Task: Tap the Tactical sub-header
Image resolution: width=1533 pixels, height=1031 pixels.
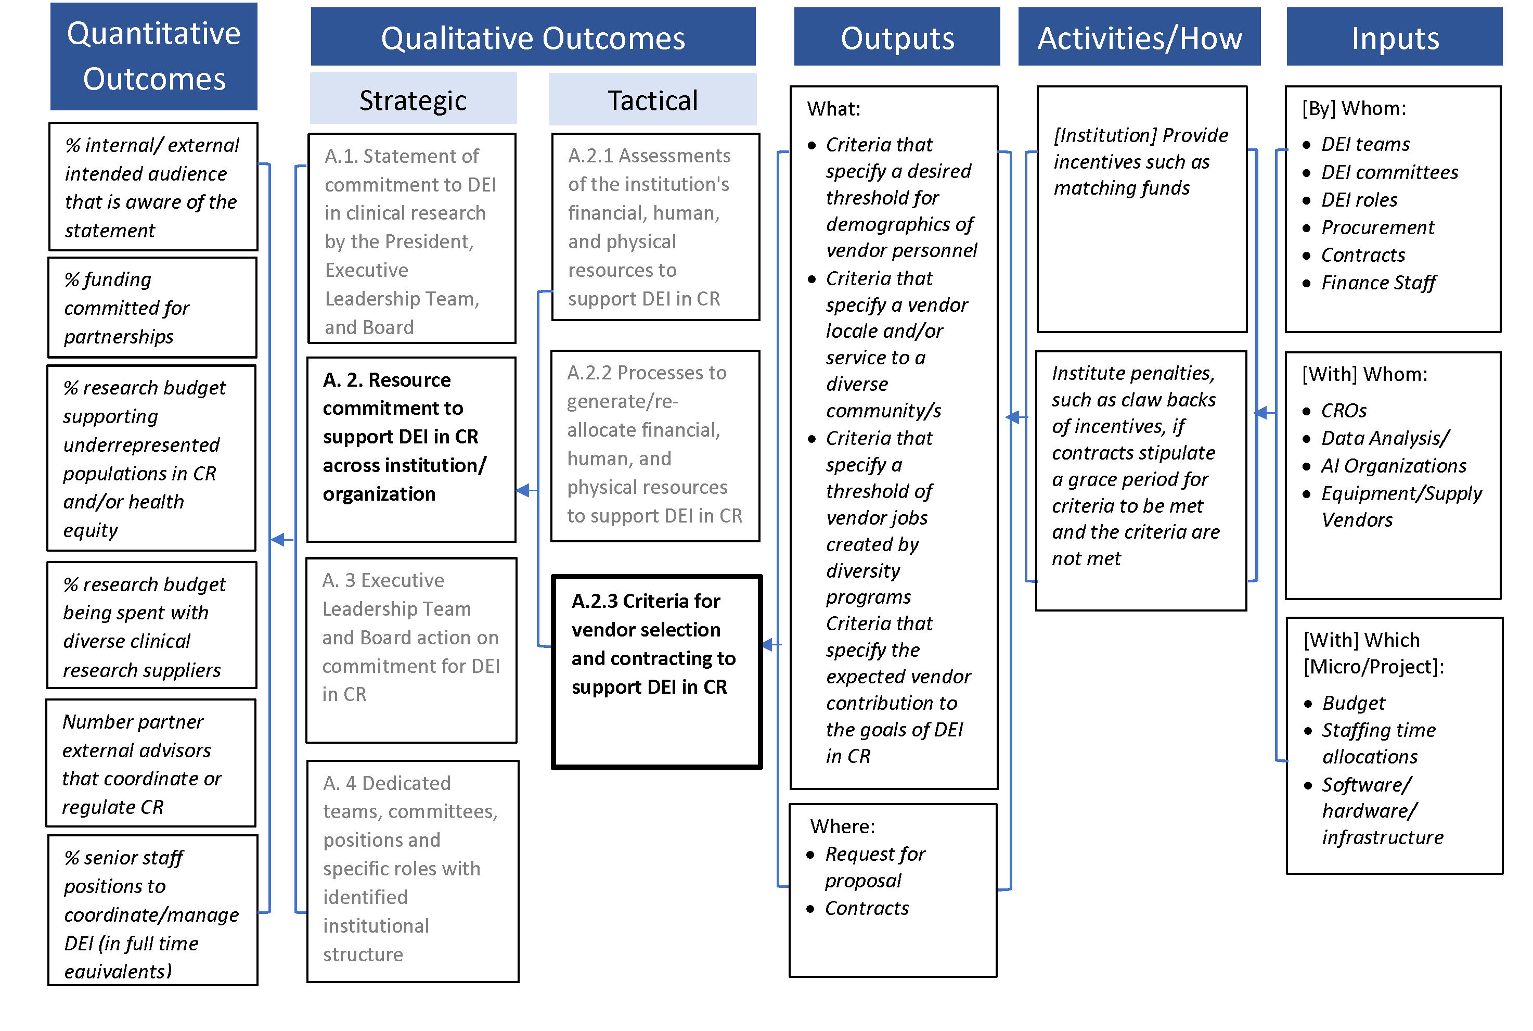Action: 652,100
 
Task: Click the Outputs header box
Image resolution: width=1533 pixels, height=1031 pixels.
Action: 896,37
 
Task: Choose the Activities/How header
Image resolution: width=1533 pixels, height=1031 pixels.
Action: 1139,37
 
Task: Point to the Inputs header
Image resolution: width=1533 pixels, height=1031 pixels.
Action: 1394,37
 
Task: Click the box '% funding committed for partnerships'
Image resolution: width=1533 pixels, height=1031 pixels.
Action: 152,308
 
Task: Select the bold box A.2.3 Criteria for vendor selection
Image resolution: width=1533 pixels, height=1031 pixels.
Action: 656,671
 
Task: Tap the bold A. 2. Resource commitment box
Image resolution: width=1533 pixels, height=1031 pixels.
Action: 411,449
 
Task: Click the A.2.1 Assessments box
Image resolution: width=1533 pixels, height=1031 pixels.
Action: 655,227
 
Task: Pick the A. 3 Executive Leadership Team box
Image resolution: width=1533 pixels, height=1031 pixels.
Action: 411,650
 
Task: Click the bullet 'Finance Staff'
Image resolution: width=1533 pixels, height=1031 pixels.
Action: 1378,283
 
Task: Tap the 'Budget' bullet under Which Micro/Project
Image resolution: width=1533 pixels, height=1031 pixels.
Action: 1353,704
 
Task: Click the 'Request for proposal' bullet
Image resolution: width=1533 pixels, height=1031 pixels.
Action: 874,867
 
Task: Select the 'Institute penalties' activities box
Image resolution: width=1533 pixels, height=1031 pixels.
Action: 1140,480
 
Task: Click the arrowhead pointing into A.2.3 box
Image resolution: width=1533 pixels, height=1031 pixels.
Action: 768,645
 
